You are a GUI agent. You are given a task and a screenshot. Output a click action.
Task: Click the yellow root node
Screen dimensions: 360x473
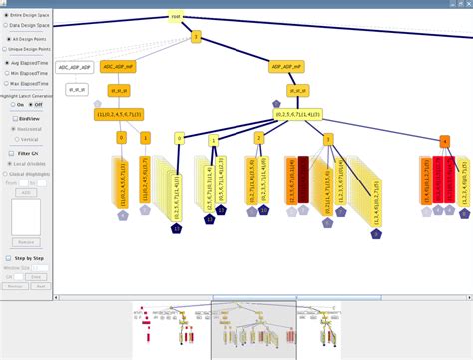[175, 17]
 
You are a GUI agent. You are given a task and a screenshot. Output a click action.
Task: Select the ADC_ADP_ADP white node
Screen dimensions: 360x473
[74, 67]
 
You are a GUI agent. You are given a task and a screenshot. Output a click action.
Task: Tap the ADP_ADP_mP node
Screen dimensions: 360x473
[286, 67]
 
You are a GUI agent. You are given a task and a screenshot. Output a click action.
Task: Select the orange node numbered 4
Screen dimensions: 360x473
[445, 140]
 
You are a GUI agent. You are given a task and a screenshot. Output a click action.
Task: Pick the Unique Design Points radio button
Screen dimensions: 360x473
[8, 48]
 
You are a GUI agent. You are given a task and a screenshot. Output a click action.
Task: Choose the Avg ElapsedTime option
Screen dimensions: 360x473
[8, 62]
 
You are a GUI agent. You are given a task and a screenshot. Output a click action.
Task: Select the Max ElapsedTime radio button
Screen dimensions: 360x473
[8, 83]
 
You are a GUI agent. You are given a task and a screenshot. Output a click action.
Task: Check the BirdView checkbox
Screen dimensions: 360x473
[9, 118]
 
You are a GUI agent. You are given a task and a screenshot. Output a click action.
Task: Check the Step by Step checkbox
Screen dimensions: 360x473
[9, 256]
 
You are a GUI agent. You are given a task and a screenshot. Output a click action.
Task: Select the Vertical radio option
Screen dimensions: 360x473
[14, 139]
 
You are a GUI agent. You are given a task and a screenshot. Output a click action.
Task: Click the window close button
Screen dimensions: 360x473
[466, 4]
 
